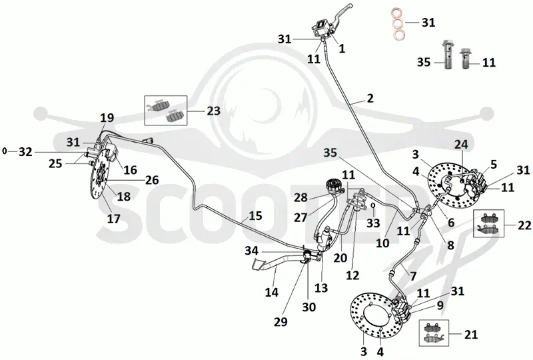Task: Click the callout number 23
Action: click(x=213, y=111)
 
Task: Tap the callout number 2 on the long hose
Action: click(x=370, y=99)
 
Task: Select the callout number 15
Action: click(x=255, y=216)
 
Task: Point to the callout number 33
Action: click(x=373, y=223)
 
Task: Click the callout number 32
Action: click(x=25, y=152)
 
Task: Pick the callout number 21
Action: click(x=471, y=335)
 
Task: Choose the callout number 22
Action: click(x=524, y=225)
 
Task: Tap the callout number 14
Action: click(x=272, y=292)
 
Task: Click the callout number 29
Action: click(x=280, y=321)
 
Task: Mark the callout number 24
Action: click(x=461, y=144)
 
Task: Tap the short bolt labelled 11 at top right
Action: click(x=465, y=59)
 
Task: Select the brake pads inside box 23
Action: click(x=166, y=111)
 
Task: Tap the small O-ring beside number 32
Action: click(x=5, y=151)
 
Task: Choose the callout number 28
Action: click(x=300, y=198)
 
